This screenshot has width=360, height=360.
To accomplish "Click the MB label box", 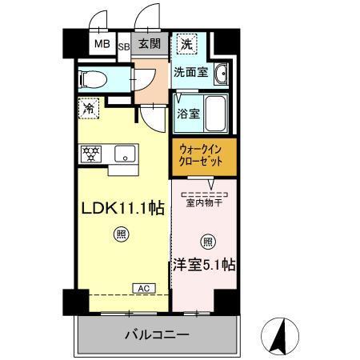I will pos(103,44).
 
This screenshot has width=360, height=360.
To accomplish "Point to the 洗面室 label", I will pos(191,72).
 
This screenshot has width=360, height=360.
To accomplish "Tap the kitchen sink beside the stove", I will pos(123,154).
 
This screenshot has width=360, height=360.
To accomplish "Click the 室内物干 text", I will pos(203,202).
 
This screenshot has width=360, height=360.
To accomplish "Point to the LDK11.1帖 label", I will pos(125,208).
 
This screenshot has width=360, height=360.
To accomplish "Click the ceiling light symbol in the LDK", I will pos(120,234).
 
